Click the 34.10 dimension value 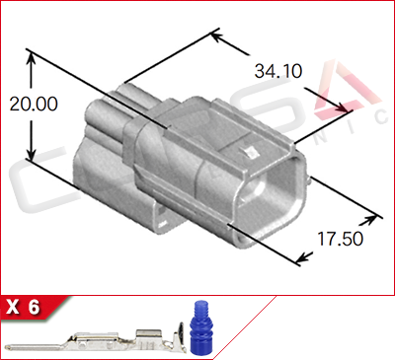(277, 71)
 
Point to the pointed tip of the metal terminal (12, 346)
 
